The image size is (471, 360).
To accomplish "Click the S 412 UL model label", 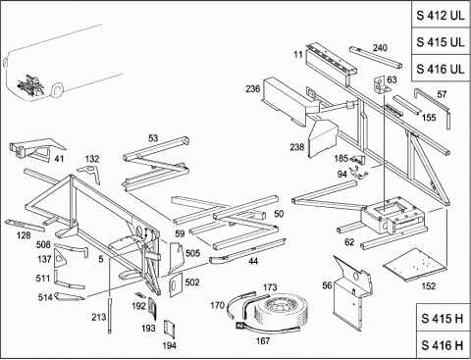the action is tap(441, 16).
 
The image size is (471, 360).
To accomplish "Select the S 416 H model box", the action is tap(443, 345).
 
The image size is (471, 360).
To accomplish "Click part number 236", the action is tap(253, 89).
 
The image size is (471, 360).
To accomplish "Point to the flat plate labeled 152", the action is tap(415, 265).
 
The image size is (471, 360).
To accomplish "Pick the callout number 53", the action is tap(153, 138).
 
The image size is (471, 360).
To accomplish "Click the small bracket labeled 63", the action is tap(380, 85).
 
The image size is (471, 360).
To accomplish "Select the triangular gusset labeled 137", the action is tap(60, 258).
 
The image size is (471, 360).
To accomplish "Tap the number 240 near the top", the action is tap(380, 48).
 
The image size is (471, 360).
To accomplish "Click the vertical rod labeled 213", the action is tap(110, 316).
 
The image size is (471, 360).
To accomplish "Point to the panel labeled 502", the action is tap(176, 284).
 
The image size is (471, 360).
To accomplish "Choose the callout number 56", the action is tap(327, 285).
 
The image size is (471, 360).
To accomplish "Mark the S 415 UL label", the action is tap(441, 42).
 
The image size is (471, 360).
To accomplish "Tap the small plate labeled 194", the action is tap(169, 329).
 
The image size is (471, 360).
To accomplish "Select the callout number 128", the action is tap(24, 235).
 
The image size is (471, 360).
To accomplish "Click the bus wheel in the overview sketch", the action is tap(58, 89).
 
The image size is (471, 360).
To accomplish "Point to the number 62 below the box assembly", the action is tap(349, 242).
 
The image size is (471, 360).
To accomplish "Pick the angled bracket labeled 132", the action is tap(89, 174).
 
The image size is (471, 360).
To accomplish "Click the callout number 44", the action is tap(253, 261).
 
